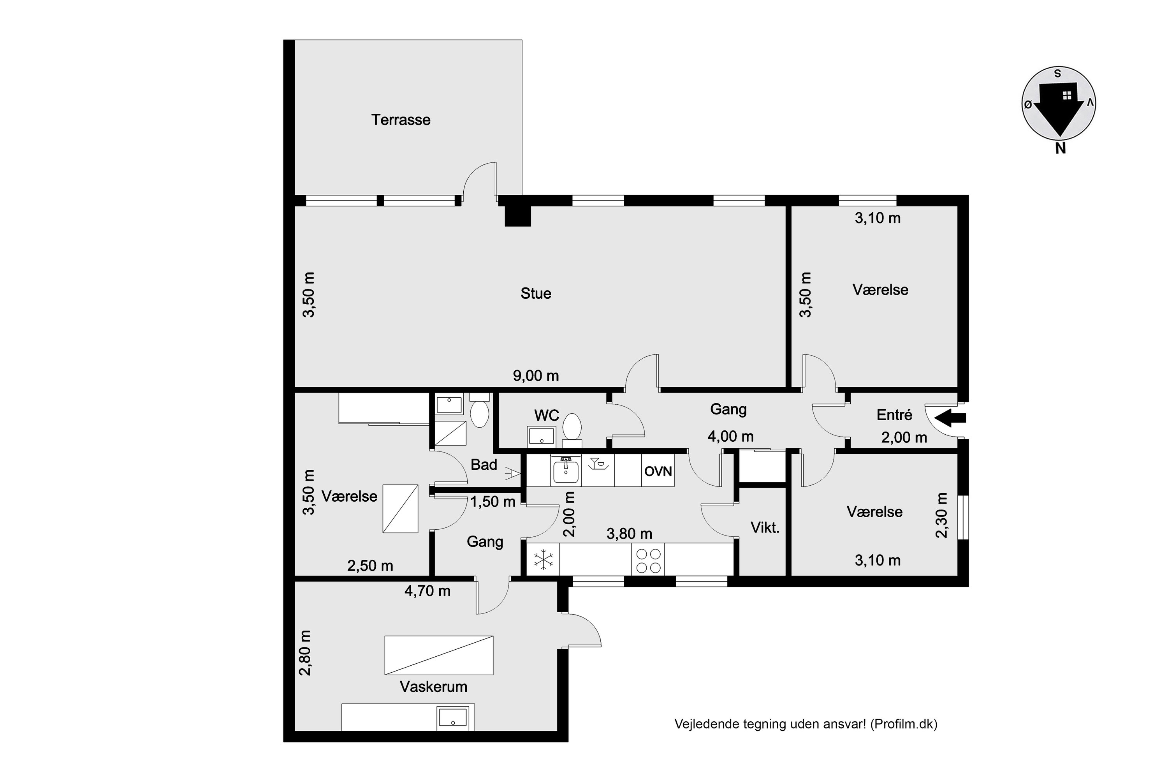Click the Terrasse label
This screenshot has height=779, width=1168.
(401, 120)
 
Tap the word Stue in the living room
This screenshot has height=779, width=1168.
(536, 293)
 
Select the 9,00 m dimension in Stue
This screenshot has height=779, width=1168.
(536, 375)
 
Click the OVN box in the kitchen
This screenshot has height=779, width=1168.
(658, 471)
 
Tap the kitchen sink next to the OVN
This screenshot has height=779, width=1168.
(566, 471)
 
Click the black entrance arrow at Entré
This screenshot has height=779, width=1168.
(950, 418)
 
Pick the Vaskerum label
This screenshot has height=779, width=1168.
(434, 687)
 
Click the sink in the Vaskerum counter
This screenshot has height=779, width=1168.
(453, 718)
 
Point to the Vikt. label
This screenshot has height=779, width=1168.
(765, 528)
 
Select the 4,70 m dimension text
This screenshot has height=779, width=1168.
(427, 591)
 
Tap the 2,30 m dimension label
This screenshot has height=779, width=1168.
(941, 515)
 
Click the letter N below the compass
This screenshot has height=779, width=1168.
(1060, 148)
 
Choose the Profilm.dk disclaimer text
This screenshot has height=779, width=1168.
(806, 724)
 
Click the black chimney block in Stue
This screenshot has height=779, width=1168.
(518, 216)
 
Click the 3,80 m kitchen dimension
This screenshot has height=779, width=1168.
(629, 534)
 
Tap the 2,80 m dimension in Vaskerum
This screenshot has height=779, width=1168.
(305, 653)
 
